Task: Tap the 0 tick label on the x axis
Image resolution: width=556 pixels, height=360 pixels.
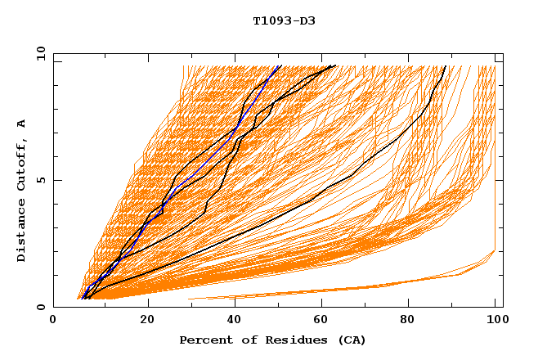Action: click(x=53, y=320)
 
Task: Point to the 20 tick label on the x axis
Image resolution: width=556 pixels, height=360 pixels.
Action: click(x=147, y=320)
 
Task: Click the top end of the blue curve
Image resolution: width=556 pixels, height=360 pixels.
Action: click(x=280, y=65)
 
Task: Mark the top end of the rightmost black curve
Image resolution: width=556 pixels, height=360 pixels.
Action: click(x=446, y=65)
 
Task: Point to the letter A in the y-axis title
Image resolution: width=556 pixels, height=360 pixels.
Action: click(x=21, y=124)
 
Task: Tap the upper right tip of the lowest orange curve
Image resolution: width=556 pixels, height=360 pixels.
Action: click(x=495, y=250)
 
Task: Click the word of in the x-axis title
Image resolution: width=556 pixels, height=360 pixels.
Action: click(x=243, y=340)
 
